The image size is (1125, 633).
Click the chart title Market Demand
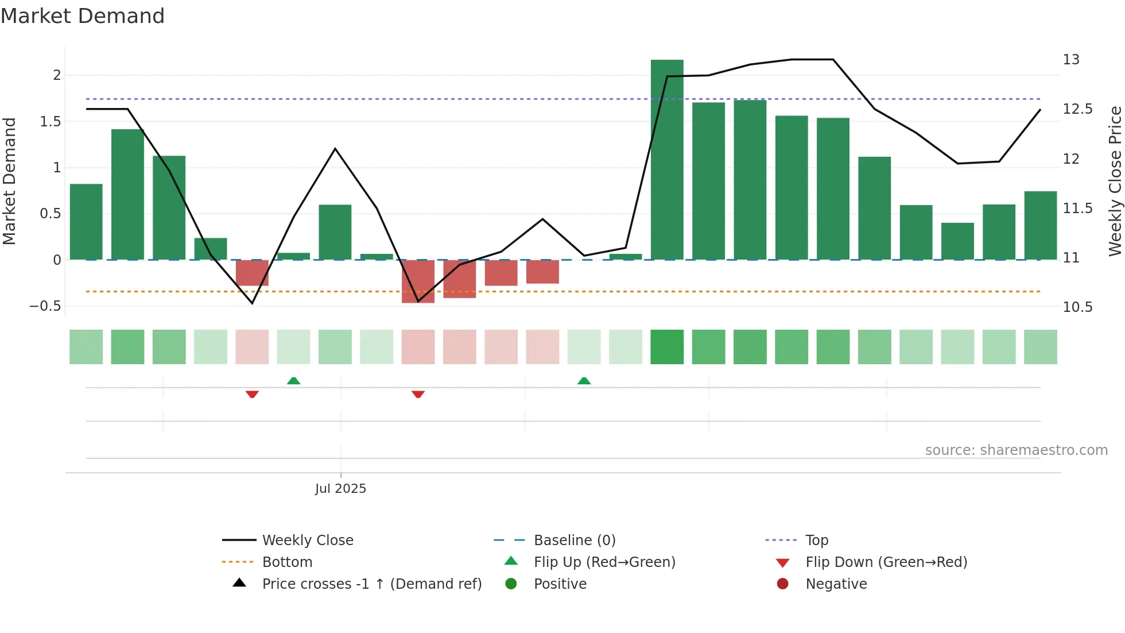pos(83,16)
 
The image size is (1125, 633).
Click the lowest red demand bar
pos(418,281)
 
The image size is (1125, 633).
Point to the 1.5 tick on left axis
pos(51,122)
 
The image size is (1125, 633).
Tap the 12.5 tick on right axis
pos(1077,109)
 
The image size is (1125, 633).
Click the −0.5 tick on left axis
pos(45,306)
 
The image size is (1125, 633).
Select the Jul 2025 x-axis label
pos(340,489)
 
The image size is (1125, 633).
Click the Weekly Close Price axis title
pos(1115,181)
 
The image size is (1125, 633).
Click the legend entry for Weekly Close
pos(308,541)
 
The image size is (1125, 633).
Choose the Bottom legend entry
pos(287,562)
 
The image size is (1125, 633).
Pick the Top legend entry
pos(816,541)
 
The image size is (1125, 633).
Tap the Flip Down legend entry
pos(886,562)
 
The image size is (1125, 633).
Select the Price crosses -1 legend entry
pos(371,584)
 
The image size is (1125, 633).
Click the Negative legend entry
pos(836,584)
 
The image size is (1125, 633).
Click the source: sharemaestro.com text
pos(1016,450)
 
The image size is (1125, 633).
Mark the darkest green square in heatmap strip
pos(667,347)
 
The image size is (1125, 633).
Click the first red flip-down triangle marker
pos(252,394)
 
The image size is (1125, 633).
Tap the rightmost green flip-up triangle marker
pos(584,381)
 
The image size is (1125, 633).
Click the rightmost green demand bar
pos(1040,225)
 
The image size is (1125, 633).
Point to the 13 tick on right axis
pos(1071,60)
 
